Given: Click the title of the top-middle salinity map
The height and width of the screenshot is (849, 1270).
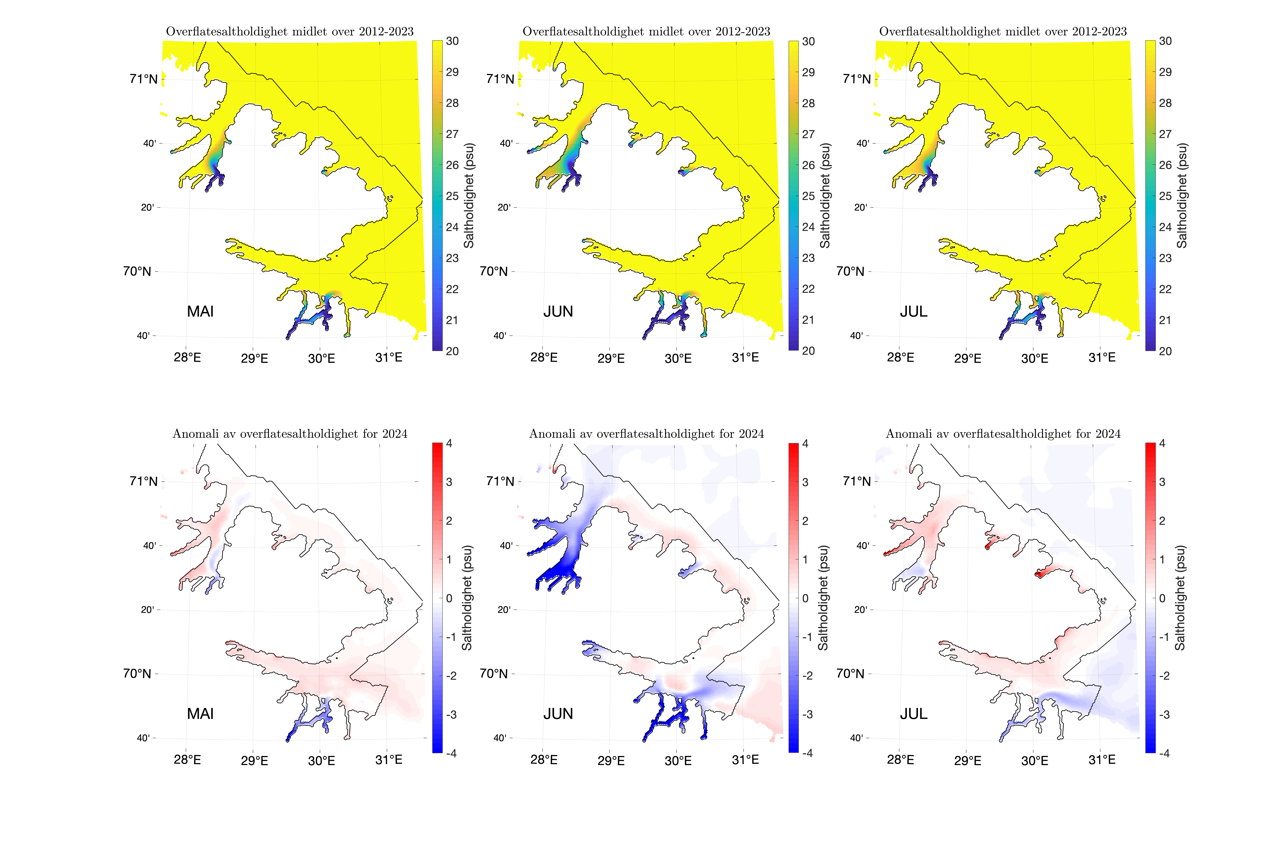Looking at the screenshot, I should [646, 31].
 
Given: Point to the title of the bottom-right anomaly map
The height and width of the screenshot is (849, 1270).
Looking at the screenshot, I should [1003, 434].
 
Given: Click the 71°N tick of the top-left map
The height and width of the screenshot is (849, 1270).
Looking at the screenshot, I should [143, 79].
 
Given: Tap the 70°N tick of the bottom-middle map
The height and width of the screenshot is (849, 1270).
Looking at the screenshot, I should [493, 674].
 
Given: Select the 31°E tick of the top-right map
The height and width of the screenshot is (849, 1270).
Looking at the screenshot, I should [1102, 357].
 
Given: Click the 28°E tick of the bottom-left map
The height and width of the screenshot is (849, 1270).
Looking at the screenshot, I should [187, 760].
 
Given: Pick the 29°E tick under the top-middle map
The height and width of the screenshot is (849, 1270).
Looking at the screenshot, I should [611, 358].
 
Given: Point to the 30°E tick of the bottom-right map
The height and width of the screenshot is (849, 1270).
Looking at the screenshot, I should [1035, 761].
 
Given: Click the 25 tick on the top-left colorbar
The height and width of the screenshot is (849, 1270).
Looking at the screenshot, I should [452, 196].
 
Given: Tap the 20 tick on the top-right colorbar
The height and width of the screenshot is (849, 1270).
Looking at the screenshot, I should [1165, 351].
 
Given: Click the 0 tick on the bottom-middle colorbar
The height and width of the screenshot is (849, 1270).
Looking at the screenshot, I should [805, 598].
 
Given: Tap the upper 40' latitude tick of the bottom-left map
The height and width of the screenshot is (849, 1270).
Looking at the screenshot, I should [149, 546].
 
